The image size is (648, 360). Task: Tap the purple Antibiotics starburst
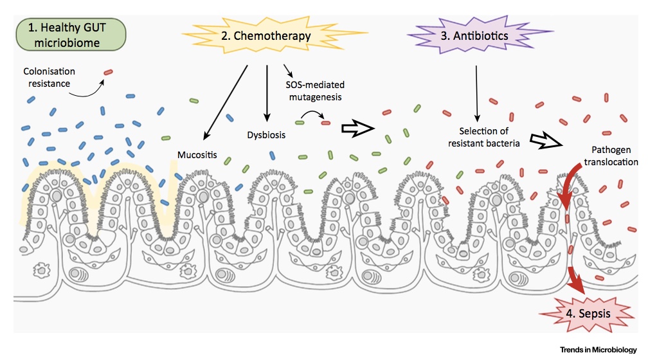tap(475, 36)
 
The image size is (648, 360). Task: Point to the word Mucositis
tap(198, 155)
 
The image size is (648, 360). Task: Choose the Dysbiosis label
tap(266, 136)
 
